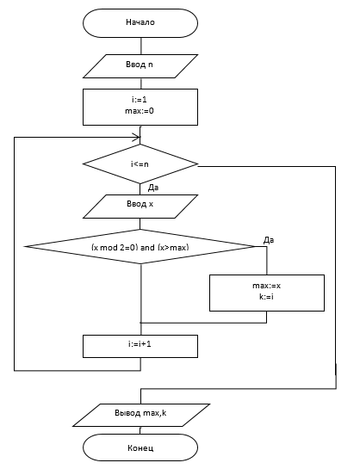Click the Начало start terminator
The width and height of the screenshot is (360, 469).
(140, 23)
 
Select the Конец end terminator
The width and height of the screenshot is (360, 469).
(140, 447)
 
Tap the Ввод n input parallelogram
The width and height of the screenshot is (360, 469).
(140, 66)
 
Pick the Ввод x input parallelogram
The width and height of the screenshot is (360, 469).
(140, 207)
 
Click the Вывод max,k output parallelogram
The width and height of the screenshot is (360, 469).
(141, 415)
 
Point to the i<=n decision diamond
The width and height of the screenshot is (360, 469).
(140, 164)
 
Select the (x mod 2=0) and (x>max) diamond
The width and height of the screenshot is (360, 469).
(140, 247)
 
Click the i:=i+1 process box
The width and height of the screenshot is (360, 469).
(140, 346)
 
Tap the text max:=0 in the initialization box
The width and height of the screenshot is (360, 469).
(140, 111)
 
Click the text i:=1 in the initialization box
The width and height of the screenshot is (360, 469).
(140, 100)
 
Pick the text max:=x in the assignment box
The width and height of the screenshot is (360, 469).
(267, 286)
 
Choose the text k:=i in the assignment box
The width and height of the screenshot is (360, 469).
(266, 297)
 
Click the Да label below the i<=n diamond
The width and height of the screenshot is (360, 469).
(153, 188)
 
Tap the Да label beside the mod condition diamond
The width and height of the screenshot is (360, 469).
(269, 240)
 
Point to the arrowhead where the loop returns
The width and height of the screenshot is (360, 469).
(136, 138)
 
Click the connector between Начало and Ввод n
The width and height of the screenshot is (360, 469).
(140, 46)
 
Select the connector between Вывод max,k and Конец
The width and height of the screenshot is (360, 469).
(140, 430)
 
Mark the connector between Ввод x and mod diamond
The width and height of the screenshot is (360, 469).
(140, 224)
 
